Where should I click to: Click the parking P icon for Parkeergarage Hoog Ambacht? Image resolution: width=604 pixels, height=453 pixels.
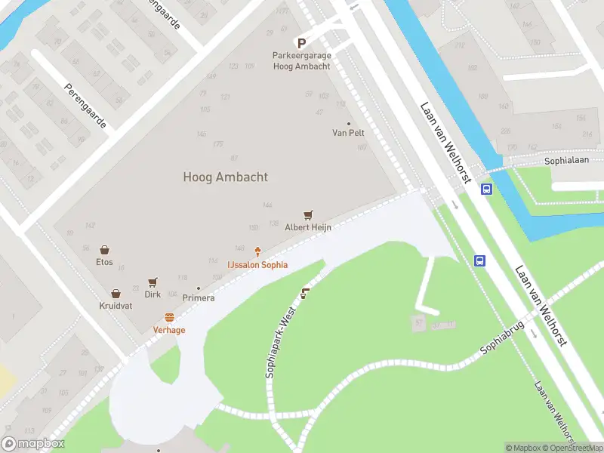301,44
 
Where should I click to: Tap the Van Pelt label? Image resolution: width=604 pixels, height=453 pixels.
348,133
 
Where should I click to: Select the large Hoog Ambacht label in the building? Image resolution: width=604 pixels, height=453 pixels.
225,177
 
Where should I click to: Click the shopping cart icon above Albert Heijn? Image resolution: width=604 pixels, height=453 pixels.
308,215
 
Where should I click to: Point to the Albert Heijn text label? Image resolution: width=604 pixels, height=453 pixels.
308,227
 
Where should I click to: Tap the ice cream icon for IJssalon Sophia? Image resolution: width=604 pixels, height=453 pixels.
258,252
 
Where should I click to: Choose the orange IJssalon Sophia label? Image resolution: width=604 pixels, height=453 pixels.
257,265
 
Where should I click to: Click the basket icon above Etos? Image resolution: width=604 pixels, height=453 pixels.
104,250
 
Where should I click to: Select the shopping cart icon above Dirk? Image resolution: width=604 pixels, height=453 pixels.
153,282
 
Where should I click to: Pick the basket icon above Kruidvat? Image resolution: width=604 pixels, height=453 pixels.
116,294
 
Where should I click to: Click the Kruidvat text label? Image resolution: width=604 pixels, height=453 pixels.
116,306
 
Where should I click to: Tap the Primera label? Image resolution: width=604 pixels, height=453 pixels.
198,297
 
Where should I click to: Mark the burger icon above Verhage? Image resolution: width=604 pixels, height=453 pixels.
169,318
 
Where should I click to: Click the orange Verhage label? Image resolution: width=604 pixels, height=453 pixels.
169,330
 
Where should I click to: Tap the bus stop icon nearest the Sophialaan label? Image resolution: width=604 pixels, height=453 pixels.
487,190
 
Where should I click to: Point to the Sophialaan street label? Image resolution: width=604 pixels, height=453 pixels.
565,162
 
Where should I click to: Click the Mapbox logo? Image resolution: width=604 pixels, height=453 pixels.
33,444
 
